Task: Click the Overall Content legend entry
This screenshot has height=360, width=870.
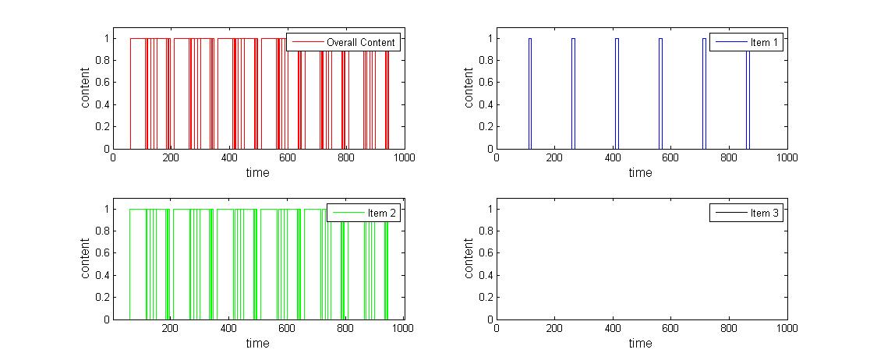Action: [x=343, y=42]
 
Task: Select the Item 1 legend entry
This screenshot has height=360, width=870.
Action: [x=746, y=42]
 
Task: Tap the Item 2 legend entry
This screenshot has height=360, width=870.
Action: [x=363, y=213]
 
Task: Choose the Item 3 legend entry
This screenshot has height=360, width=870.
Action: [x=746, y=213]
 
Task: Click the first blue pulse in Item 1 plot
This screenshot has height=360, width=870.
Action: [x=529, y=94]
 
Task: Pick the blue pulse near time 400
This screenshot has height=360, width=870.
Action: [x=617, y=94]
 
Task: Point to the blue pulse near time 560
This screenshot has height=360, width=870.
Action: [x=660, y=94]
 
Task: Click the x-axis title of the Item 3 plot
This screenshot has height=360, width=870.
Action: [x=640, y=344]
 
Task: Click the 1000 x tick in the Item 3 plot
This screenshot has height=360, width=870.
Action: [x=787, y=329]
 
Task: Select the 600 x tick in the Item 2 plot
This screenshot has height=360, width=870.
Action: [x=287, y=329]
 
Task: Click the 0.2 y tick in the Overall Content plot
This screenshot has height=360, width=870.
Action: [x=100, y=127]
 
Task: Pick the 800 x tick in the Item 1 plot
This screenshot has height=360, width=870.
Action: [x=729, y=158]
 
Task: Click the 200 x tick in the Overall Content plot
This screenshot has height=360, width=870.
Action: [x=171, y=158]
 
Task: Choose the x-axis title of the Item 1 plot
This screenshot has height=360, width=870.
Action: [x=640, y=173]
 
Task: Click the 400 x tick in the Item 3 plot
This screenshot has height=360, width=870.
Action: [x=613, y=329]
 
